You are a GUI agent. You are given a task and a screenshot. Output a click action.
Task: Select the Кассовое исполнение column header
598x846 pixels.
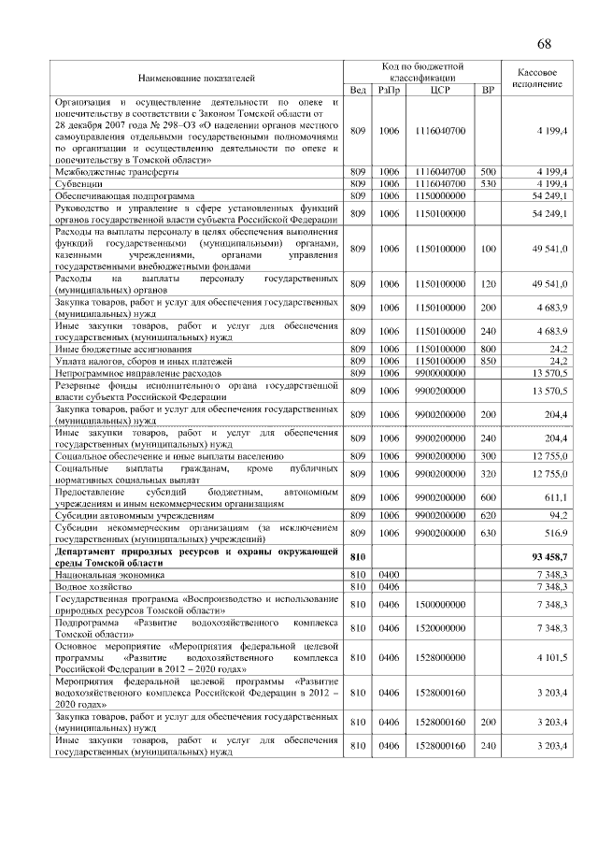(x=537, y=78)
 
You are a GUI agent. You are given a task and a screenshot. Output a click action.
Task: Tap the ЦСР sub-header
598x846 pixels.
(x=440, y=90)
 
